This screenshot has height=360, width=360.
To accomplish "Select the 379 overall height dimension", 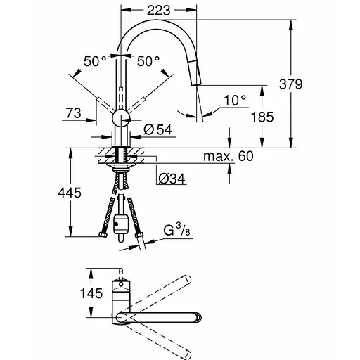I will coord(309,84).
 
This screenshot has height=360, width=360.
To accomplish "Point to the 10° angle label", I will coord(235,102).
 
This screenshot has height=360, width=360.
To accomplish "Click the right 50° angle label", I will coord(148,61).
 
